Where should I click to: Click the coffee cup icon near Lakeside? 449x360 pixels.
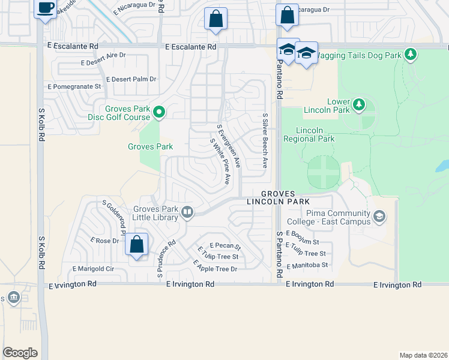point(46,8)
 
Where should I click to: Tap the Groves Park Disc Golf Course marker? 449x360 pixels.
point(159,112)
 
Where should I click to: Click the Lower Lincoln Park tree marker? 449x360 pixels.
point(359,105)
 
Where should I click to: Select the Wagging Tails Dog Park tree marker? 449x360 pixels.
point(411,55)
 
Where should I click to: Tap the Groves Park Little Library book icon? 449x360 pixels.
point(187,212)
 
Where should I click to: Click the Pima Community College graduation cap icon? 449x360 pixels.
point(379,216)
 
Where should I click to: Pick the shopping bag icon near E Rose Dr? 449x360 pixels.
point(137,245)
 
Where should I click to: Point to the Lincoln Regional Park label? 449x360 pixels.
point(316,134)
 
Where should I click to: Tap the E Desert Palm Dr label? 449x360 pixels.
point(131,79)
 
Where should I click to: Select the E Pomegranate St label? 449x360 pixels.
point(75,86)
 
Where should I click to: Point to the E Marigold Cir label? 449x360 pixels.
point(92,269)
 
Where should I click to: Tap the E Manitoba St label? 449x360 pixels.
point(307,265)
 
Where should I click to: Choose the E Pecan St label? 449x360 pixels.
point(224,246)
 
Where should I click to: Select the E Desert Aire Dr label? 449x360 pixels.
point(103,59)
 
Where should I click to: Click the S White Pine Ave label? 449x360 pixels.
point(220,161)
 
